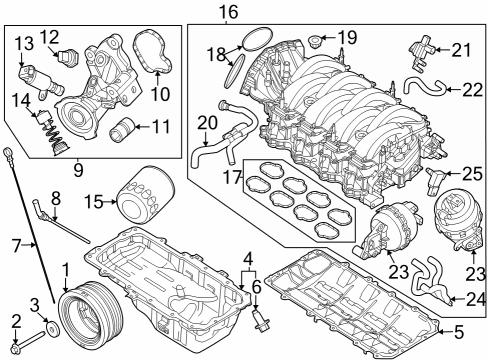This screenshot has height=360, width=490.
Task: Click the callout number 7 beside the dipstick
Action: pyautogui.click(x=16, y=244)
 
